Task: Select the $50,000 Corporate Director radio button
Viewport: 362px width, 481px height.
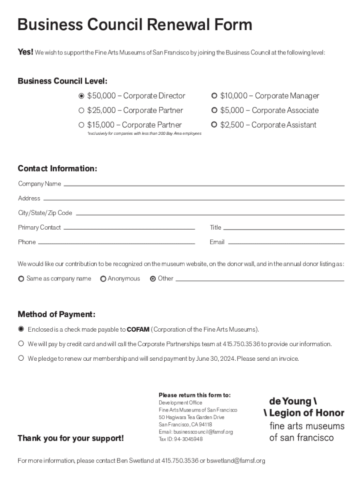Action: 81,96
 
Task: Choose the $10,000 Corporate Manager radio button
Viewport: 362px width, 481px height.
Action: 214,96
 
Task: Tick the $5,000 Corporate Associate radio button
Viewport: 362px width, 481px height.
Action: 214,110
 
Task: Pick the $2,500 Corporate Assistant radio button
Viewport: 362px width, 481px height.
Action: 214,125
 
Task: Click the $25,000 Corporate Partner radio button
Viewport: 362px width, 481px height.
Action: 81,110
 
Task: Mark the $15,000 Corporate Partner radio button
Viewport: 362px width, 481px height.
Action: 81,125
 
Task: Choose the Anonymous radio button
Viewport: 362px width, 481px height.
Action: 103,279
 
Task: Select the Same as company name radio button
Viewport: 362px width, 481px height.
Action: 21,279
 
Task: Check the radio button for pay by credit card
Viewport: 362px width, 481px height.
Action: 21,344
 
